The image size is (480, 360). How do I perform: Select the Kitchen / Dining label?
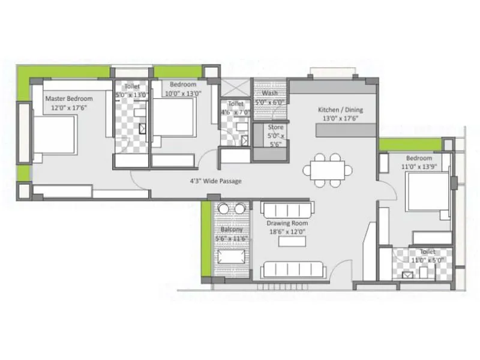pos(340,110)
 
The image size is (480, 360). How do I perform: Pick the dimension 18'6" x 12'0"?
pos(287,232)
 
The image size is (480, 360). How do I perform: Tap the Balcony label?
pos(231,230)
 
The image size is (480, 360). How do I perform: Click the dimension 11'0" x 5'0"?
pos(427,260)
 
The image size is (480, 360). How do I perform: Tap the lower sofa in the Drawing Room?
pos(293,269)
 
